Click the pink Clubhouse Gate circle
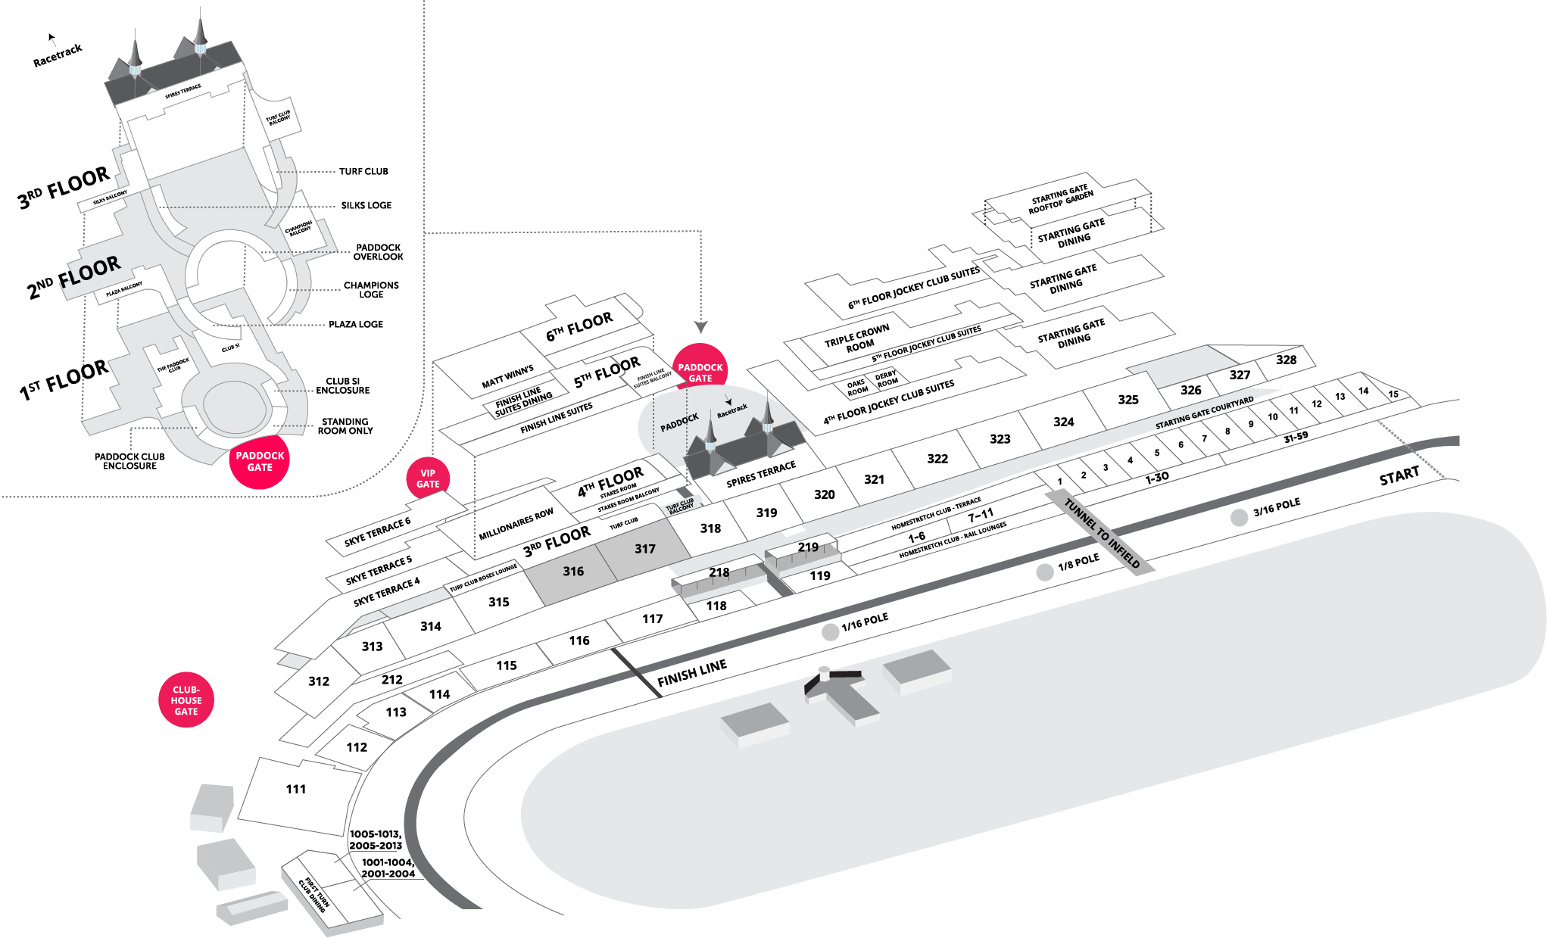coord(186,700)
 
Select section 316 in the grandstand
coord(573,572)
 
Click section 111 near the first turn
coord(296,790)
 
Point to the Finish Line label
coord(692,672)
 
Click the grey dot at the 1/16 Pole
coord(831,632)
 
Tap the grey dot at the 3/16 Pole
coord(1239,518)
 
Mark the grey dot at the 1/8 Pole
coord(1045,572)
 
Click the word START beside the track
coord(1399,477)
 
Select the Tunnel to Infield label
coord(1101,533)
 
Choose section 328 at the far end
coord(1286,360)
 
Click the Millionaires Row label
coord(516,525)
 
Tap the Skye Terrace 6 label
coord(377,531)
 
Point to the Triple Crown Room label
coord(857,338)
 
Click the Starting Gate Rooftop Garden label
coord(1060,199)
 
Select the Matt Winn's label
coord(507,377)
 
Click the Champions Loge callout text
coord(371,290)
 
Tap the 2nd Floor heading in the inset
coord(73,277)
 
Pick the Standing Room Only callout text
coord(345,426)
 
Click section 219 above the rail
coord(808,547)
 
